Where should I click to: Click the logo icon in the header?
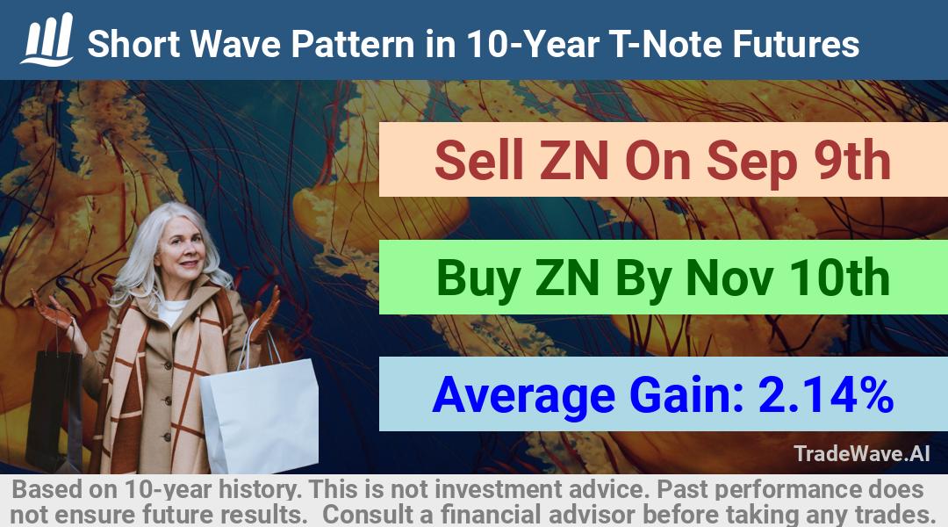pyautogui.click(x=47, y=40)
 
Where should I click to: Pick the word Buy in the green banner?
pyautogui.click(x=478, y=279)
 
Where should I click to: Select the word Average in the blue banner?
pyautogui.click(x=523, y=395)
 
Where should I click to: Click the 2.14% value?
pyautogui.click(x=826, y=394)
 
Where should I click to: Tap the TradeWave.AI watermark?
pyautogui.click(x=862, y=453)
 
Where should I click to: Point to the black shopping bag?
pyautogui.click(x=54, y=411)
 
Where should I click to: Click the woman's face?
pyautogui.click(x=182, y=250)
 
